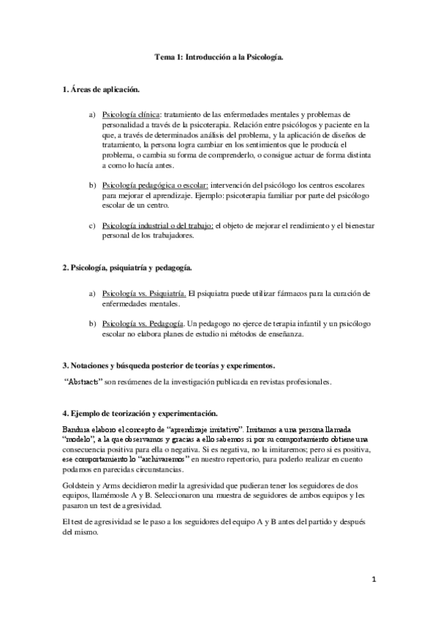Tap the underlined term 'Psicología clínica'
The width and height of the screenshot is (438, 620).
(x=132, y=115)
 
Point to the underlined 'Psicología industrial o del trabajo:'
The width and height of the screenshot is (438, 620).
(x=158, y=225)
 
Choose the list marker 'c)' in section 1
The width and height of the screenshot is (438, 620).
(x=92, y=225)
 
